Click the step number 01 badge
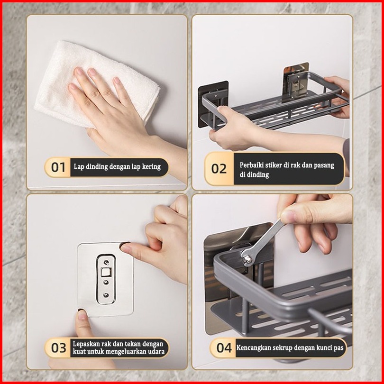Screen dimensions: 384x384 click(58, 167)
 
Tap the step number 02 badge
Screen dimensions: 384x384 click(219, 169)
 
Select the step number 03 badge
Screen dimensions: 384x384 click(58, 348)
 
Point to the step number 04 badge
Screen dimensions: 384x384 click(224, 348)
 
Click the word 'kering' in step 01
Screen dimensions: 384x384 click(151, 167)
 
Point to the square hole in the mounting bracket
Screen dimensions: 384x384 click(106, 272)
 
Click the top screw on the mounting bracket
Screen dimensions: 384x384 click(106, 263)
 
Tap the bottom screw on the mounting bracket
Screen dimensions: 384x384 click(106, 295)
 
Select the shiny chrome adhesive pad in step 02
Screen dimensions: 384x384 click(296, 81)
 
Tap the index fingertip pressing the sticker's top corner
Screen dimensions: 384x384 click(125, 248)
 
